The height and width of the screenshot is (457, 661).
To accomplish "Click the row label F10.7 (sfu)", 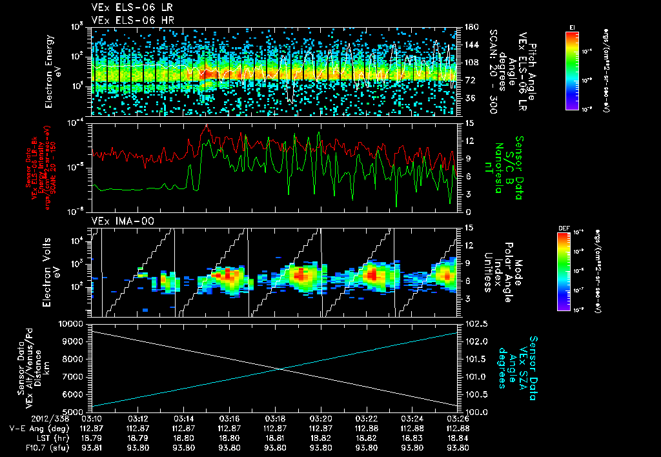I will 26,447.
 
